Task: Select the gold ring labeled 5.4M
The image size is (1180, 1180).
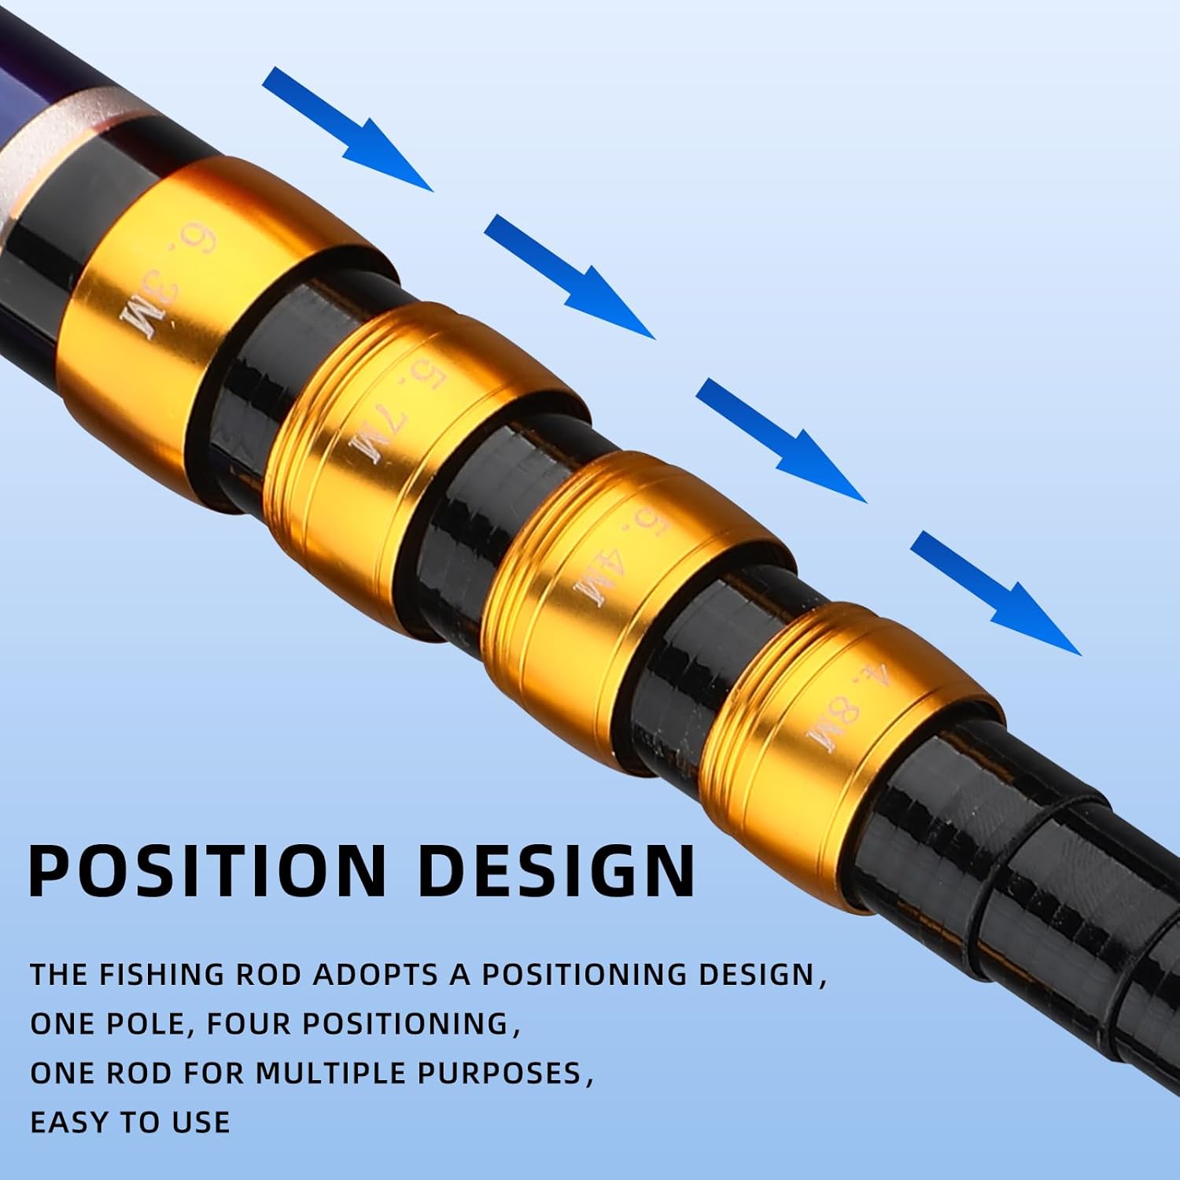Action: [606, 582]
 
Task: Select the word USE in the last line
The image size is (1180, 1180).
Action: [201, 1122]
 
